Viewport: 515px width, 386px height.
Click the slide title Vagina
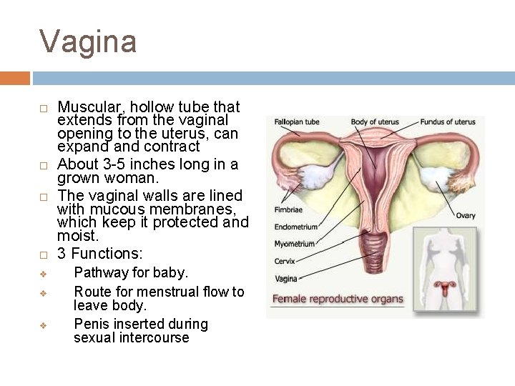pos(87,41)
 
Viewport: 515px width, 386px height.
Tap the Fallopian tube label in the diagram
pos(297,122)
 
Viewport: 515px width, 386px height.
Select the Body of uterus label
pos(374,122)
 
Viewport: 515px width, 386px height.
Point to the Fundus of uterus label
pos(448,122)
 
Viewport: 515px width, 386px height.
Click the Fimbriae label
pos(288,210)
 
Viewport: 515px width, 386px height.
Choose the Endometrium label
pos(296,227)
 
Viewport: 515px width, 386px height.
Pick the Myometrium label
pos(295,244)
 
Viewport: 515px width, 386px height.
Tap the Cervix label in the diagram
pos(285,261)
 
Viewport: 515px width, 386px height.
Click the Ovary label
pos(466,216)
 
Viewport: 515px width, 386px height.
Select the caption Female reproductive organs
pos(338,299)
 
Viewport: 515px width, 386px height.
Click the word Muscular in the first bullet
pos(89,107)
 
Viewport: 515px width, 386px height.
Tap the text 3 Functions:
pos(100,253)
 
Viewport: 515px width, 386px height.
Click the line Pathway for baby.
pos(131,272)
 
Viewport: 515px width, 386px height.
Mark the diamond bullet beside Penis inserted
pos(44,325)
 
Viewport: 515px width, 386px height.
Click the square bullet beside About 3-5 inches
pos(44,166)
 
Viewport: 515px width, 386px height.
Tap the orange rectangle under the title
pos(15,77)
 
